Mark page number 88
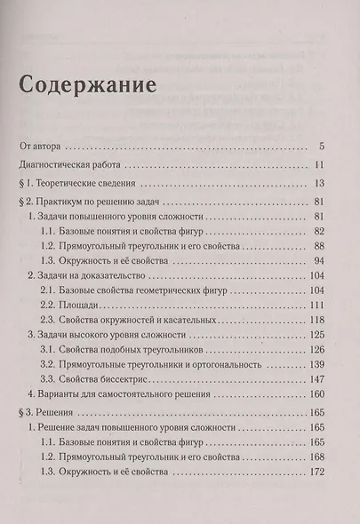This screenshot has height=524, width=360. pos(324,246)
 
